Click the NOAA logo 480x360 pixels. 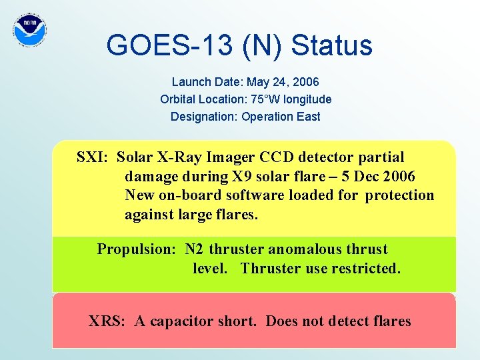tap(30, 30)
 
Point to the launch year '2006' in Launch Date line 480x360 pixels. tap(307, 82)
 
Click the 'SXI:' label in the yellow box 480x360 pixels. tap(94, 158)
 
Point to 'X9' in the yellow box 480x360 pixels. tap(240, 177)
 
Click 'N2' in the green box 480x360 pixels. tap(195, 249)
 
